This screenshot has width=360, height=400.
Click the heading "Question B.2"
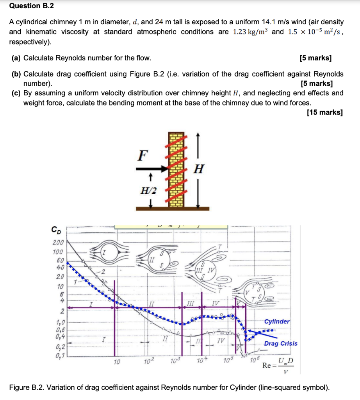coord(32,6)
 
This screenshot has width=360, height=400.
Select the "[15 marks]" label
coord(325,112)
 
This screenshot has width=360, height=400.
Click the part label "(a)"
coord(16,58)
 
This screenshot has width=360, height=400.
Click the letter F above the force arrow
coord(143,155)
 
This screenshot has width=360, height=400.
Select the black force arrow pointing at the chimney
coord(152,169)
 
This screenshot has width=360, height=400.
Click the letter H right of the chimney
coord(199,169)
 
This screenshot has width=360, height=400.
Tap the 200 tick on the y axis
coord(58,242)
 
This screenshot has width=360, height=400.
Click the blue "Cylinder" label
coord(277,321)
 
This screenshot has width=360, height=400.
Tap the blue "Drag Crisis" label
coord(280,343)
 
